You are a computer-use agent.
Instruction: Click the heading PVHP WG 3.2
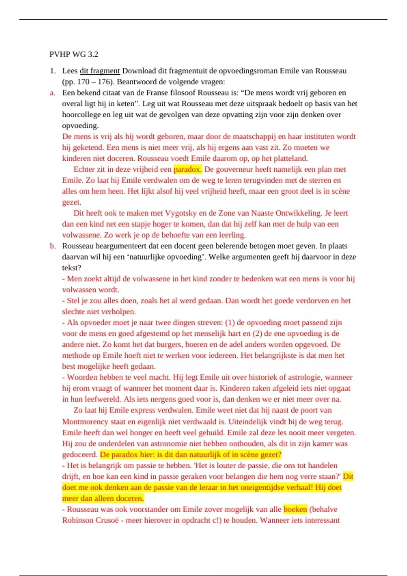click(74, 54)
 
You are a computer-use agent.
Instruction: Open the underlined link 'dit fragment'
click(100, 71)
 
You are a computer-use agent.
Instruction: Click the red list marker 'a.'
click(52, 93)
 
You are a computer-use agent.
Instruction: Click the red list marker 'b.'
click(53, 246)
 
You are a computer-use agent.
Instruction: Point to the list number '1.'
click(53, 71)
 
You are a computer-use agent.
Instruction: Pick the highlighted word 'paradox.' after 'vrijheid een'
click(188, 169)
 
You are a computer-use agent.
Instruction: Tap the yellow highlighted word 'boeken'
click(295, 509)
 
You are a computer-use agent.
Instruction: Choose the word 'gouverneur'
click(234, 169)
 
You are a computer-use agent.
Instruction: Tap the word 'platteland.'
click(291, 158)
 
